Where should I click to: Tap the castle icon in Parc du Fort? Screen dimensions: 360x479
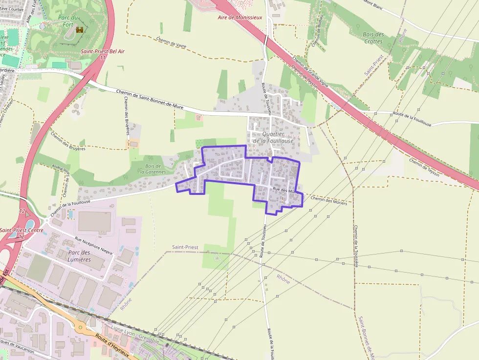coord(79,30)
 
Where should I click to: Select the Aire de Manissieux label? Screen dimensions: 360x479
coord(240,18)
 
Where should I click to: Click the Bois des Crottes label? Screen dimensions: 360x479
coord(373,38)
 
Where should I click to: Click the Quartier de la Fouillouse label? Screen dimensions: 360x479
coord(273,137)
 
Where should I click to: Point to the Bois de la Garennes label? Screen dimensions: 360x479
coord(153,169)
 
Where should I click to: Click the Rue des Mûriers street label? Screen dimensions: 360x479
coord(285,191)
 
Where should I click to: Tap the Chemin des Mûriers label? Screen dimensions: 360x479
coord(328,200)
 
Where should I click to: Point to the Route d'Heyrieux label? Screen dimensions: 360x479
coord(112,346)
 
